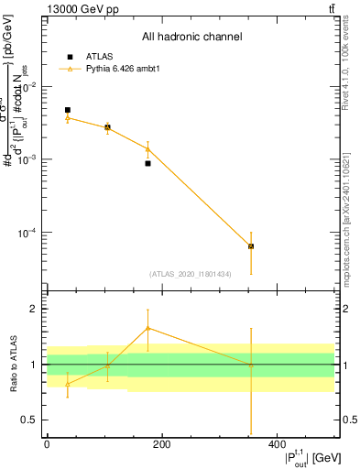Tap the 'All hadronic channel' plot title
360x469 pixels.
pyautogui.click(x=191, y=38)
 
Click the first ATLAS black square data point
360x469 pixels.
pyautogui.click(x=68, y=110)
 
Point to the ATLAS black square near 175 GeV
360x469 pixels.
pyautogui.click(x=147, y=163)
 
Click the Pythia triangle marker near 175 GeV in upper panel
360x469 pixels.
pyautogui.click(x=147, y=149)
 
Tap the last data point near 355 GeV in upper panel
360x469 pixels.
pyautogui.click(x=251, y=246)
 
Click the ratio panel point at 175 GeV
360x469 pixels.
pyautogui.click(x=147, y=328)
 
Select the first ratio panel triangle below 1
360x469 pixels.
pyautogui.click(x=68, y=384)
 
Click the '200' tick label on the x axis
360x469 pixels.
pyautogui.click(x=161, y=444)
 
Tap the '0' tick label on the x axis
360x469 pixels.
pyautogui.click(x=47, y=444)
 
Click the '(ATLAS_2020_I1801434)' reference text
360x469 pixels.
pyautogui.click(x=191, y=274)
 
